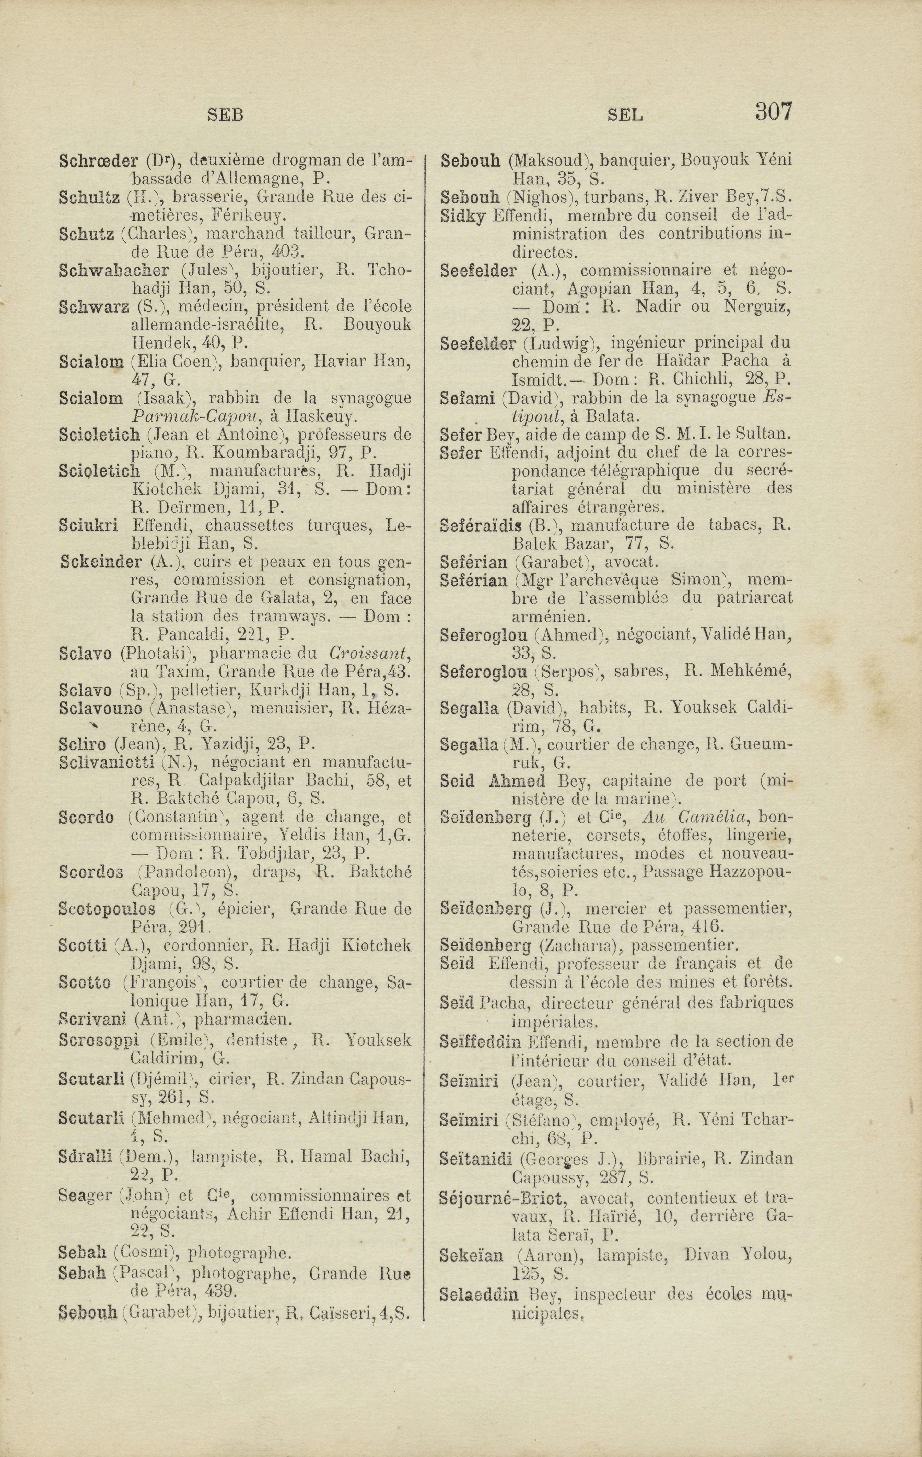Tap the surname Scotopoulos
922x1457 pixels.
pyautogui.click(x=107, y=909)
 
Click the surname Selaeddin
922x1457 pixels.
pyautogui.click(x=479, y=1294)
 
